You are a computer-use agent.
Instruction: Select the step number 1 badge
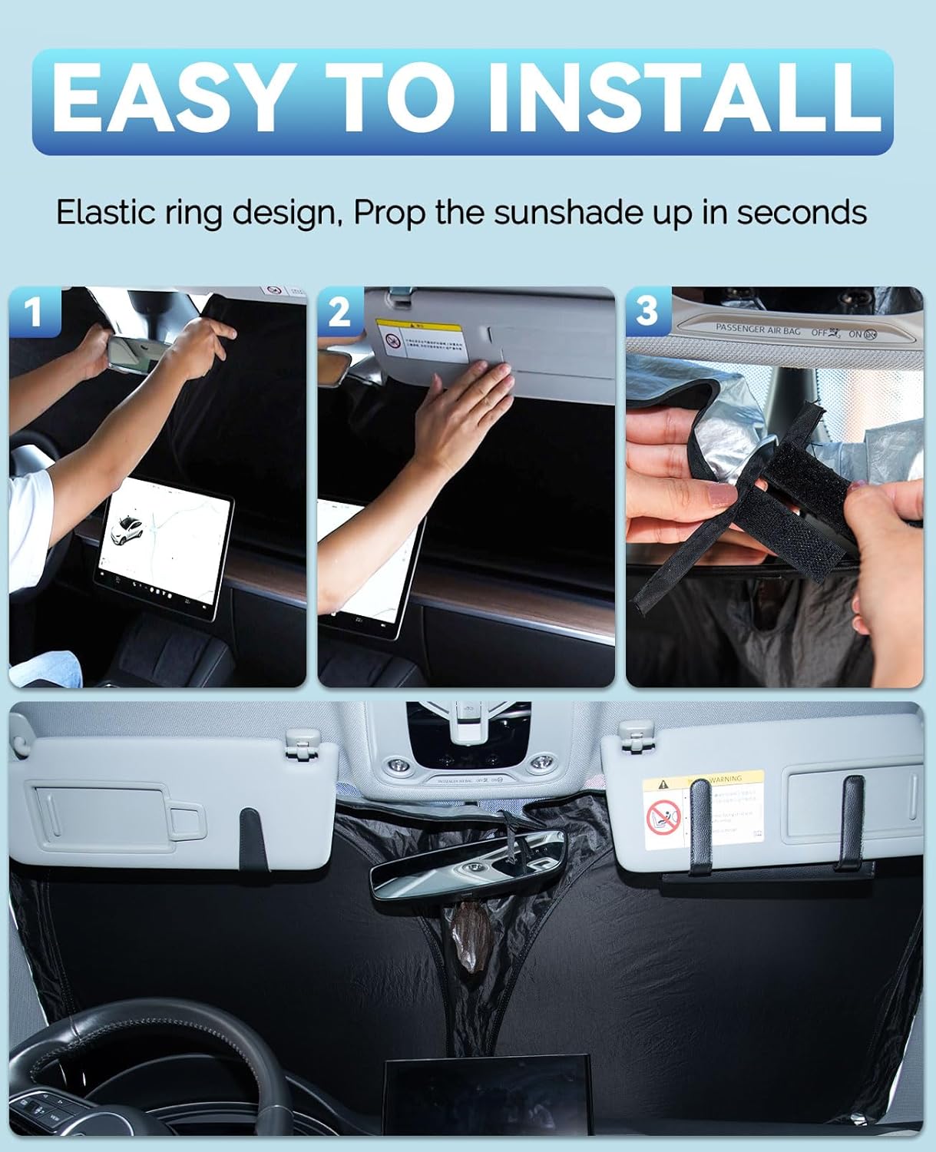tap(34, 311)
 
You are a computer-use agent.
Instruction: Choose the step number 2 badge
tap(339, 311)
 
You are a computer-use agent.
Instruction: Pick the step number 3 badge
tap(647, 311)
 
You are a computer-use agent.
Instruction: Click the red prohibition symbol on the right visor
tap(663, 818)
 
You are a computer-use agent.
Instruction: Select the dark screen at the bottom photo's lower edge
tap(488, 1098)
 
